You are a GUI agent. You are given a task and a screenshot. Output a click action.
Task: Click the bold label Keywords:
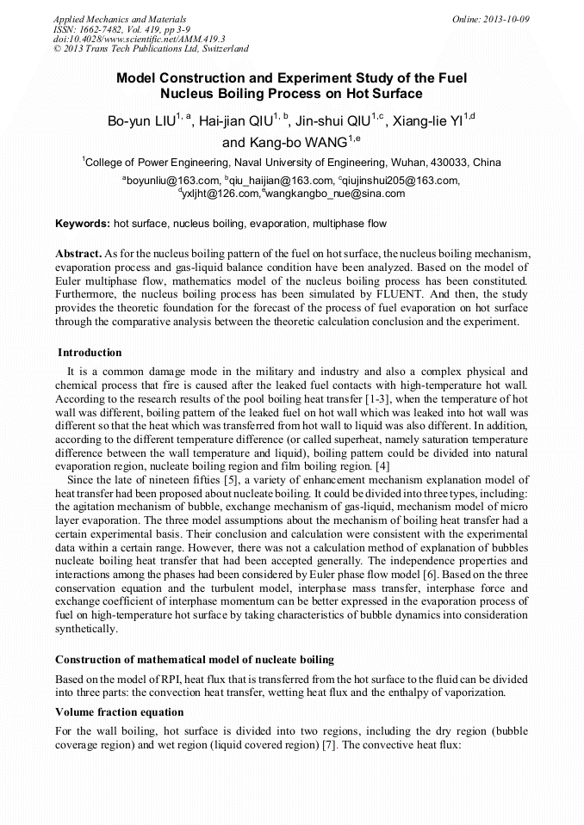pyautogui.click(x=83, y=224)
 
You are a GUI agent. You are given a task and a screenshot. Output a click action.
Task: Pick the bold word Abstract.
pyautogui.click(x=78, y=255)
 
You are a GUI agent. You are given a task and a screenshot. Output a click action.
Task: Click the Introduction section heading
pyautogui.click(x=90, y=353)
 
